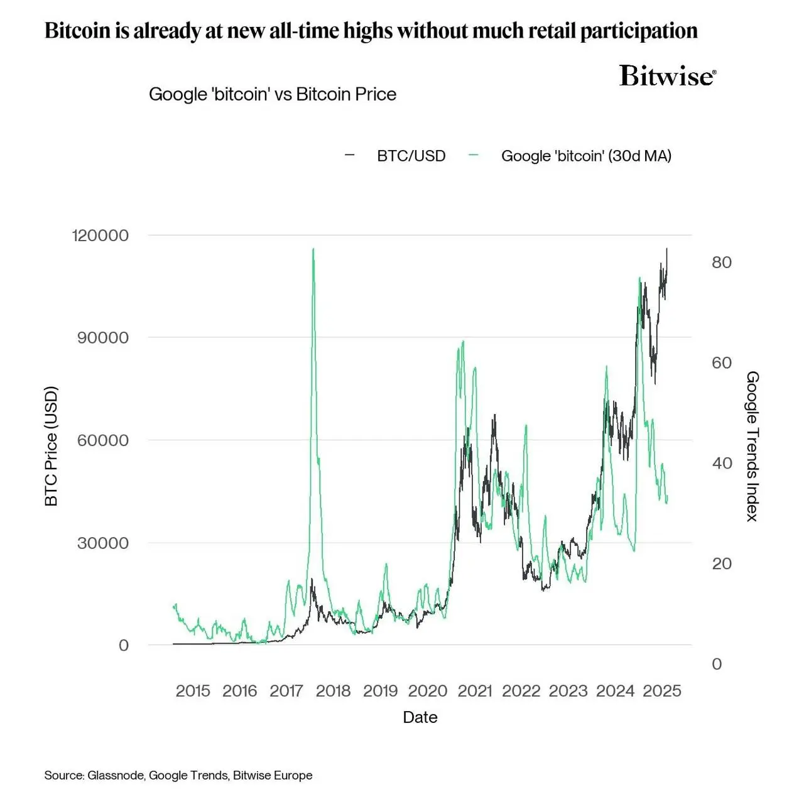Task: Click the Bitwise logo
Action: [667, 75]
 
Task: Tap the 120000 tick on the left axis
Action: [100, 236]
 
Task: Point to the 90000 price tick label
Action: [103, 338]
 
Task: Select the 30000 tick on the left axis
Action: [103, 543]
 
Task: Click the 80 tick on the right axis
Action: [722, 263]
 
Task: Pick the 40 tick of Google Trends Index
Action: [722, 464]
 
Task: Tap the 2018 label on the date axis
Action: [333, 691]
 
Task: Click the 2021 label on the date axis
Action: [475, 691]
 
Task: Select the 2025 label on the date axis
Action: [662, 691]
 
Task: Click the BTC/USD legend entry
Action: [411, 156]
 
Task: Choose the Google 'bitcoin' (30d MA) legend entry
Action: [585, 156]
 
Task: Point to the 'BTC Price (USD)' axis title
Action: [52, 446]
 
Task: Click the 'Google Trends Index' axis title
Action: [752, 446]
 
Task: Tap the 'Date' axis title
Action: [420, 717]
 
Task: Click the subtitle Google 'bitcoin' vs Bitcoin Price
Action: [273, 94]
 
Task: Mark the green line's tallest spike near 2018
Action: [313, 249]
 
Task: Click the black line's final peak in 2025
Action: [667, 249]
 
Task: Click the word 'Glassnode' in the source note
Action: [116, 775]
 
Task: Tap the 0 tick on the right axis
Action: [717, 665]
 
